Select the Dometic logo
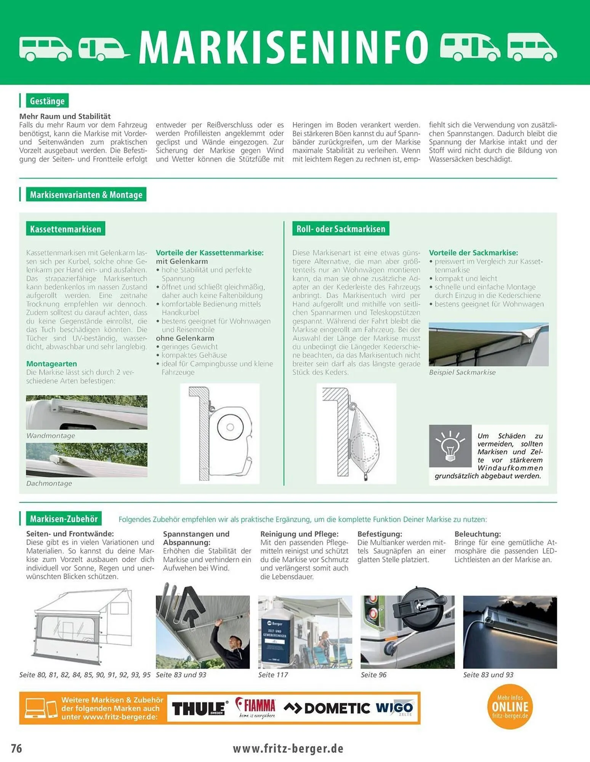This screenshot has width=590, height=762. pyautogui.click(x=327, y=708)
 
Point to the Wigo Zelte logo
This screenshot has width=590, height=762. pyautogui.click(x=394, y=708)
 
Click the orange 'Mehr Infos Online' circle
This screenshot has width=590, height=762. pyautogui.click(x=510, y=707)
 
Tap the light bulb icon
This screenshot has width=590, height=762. pyautogui.click(x=450, y=445)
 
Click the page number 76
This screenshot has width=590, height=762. pyautogui.click(x=16, y=748)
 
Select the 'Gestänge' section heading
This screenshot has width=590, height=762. pyautogui.click(x=47, y=101)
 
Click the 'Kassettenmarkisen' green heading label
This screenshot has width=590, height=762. pyautogui.click(x=66, y=229)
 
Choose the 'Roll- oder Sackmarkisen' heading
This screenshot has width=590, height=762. pyautogui.click(x=341, y=229)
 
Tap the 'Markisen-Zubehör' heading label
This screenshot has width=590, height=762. pyautogui.click(x=64, y=519)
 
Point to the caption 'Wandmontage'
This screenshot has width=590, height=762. pyautogui.click(x=51, y=435)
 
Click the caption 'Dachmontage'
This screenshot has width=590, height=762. pyautogui.click(x=49, y=483)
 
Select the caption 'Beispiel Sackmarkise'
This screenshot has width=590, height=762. pyautogui.click(x=462, y=372)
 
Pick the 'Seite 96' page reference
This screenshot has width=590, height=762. pyautogui.click(x=374, y=675)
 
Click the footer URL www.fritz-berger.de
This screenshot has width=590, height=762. pyautogui.click(x=288, y=748)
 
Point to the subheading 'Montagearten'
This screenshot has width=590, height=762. pyautogui.click(x=51, y=363)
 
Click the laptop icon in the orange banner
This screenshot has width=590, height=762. pyautogui.click(x=35, y=708)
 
